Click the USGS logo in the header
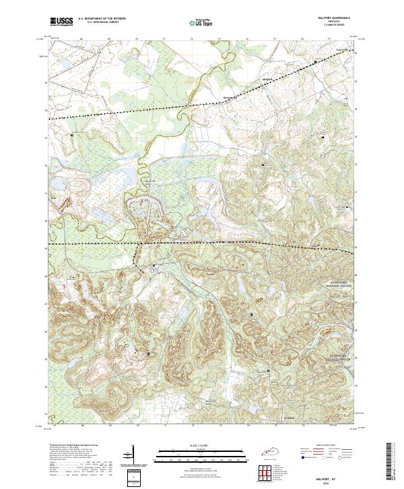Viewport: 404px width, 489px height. [61, 22]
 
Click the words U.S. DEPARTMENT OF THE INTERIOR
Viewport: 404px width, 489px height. [102, 18]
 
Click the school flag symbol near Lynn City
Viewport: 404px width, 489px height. [315, 62]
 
